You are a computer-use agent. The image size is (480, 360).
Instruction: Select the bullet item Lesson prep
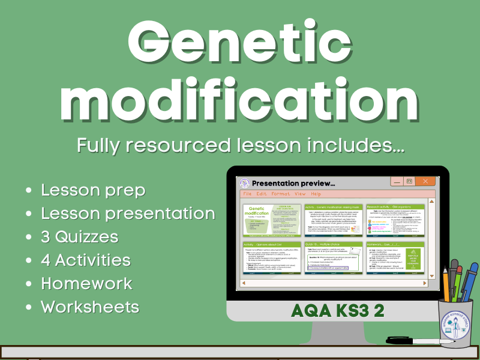(93, 190)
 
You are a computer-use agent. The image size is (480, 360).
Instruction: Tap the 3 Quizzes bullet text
(79, 236)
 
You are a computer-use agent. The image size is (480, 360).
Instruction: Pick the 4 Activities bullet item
(85, 260)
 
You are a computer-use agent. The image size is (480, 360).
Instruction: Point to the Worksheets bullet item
(90, 307)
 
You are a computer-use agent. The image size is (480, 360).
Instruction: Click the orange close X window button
(426, 181)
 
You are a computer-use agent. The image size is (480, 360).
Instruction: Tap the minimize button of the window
(395, 181)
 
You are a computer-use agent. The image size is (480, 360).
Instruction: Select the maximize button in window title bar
(410, 181)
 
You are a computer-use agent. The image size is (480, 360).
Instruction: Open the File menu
(247, 194)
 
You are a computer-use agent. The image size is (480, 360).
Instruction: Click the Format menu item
(281, 194)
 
